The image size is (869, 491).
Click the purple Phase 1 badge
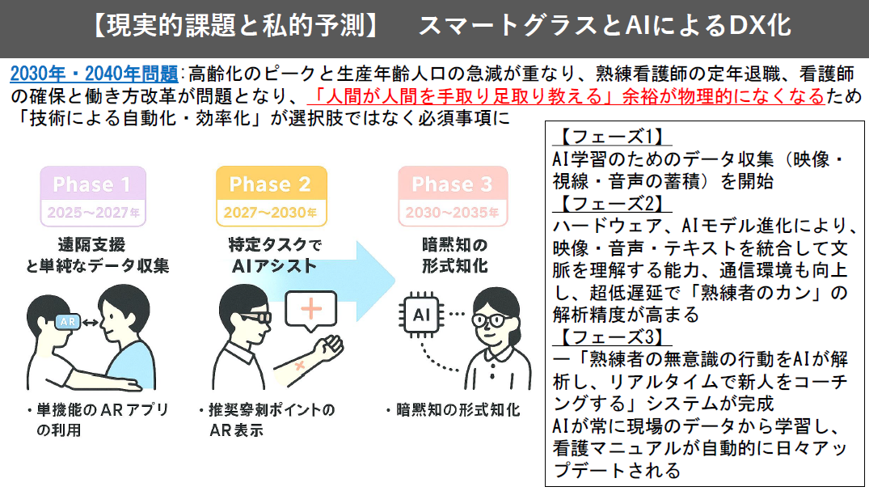91,184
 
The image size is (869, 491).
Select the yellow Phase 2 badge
270,184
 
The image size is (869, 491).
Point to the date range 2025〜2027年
91,214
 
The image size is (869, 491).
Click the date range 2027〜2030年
270,214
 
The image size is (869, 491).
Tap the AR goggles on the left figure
68,322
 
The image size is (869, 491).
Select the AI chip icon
421,313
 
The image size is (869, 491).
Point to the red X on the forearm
301,366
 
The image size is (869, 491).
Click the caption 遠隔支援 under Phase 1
91,244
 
